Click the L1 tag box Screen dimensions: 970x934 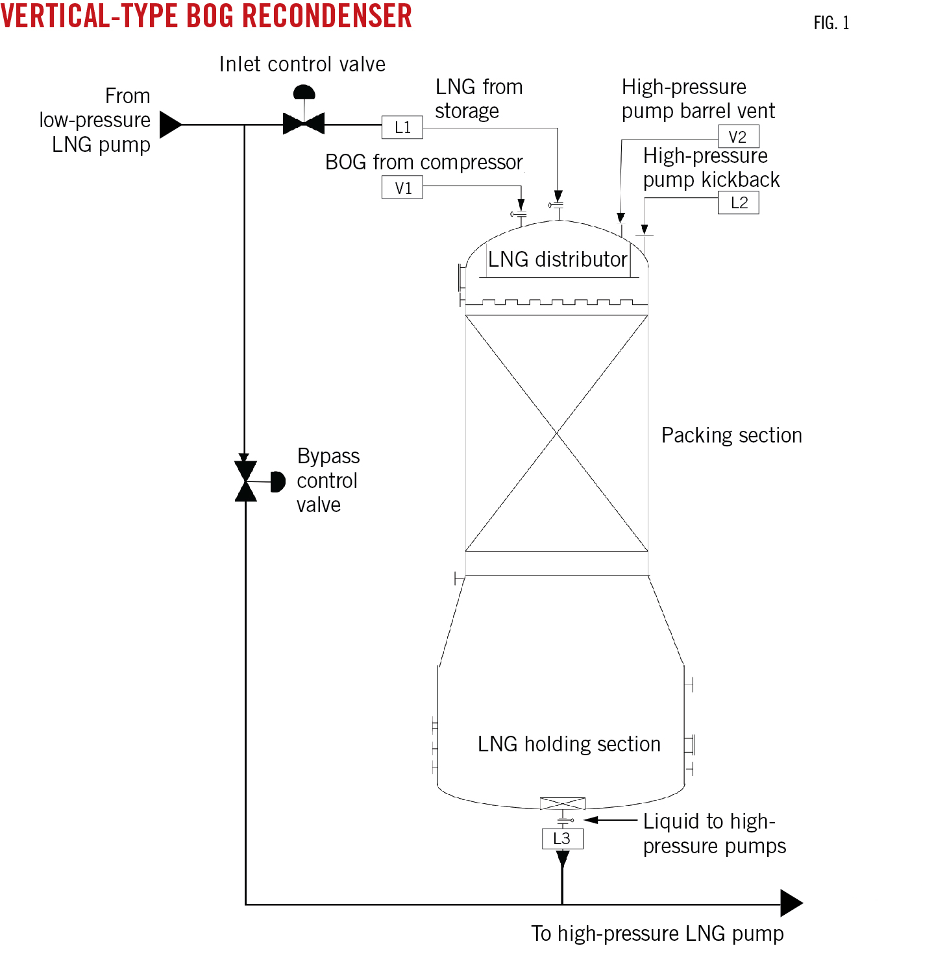[402, 127]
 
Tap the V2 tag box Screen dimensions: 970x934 [738, 137]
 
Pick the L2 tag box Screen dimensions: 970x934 [738, 203]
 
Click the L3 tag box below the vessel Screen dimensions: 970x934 [562, 838]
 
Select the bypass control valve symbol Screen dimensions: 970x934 [246, 481]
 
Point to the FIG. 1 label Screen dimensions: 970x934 [831, 23]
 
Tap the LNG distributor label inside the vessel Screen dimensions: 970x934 [557, 260]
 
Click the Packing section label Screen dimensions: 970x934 [731, 435]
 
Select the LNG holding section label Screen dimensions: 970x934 [569, 744]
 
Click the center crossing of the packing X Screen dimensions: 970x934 [557, 433]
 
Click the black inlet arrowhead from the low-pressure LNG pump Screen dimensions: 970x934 [170, 125]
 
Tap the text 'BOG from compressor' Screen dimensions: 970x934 [423, 162]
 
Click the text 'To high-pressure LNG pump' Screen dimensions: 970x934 [657, 934]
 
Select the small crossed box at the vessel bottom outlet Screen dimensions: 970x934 [562, 803]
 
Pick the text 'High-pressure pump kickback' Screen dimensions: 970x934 [711, 167]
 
